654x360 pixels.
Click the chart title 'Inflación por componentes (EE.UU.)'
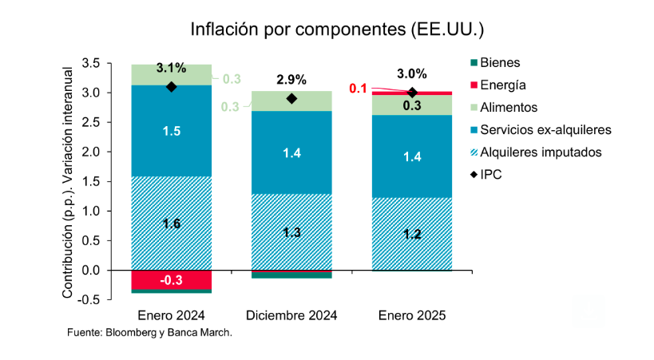click(x=337, y=30)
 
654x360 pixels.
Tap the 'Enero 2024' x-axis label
click(x=171, y=315)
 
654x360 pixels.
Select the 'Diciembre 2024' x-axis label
click(x=291, y=315)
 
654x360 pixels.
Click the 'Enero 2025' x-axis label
click(x=412, y=315)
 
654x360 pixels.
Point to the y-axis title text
click(x=69, y=181)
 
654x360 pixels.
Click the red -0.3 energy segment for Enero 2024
click(x=171, y=280)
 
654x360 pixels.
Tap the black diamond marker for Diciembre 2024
click(x=291, y=99)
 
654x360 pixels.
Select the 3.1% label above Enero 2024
click(x=171, y=68)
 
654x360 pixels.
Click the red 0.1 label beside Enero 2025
click(x=359, y=89)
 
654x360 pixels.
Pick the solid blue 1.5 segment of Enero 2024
click(x=171, y=130)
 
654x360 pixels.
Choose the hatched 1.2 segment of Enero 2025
click(x=412, y=234)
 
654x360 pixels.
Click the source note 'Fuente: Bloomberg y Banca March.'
click(x=149, y=332)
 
